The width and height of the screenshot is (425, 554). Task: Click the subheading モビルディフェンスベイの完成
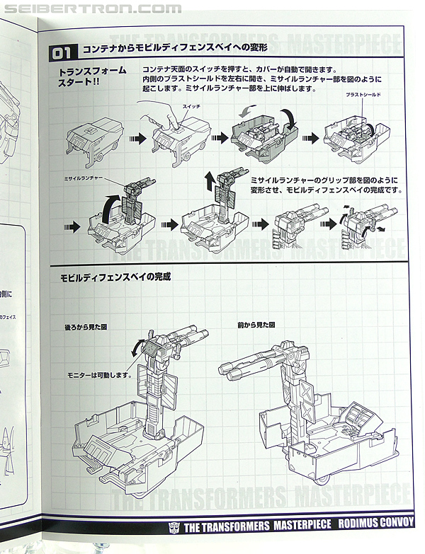tap(115, 277)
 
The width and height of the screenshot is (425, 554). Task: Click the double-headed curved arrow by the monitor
tap(137, 346)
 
